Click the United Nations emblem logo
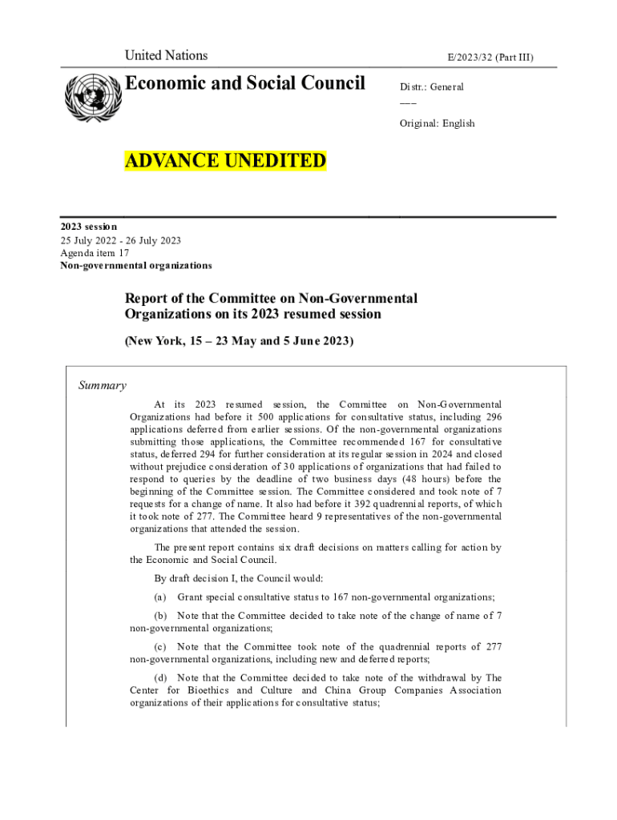[x=90, y=98]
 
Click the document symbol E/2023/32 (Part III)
[x=490, y=57]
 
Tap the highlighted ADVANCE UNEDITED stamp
[x=225, y=161]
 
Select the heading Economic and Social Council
[x=244, y=83]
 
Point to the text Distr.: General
[x=432, y=86]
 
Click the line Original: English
[x=438, y=123]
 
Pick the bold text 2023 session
[x=89, y=227]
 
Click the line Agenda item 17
[x=95, y=252]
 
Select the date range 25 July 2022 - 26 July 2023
[x=120, y=240]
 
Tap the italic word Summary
[x=102, y=386]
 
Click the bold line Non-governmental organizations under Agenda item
[x=136, y=265]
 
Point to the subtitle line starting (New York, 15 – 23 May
[x=238, y=341]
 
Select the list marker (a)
[x=160, y=597]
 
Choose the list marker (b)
[x=160, y=616]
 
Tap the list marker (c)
[x=160, y=647]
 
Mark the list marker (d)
[x=160, y=678]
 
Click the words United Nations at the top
[x=166, y=56]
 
